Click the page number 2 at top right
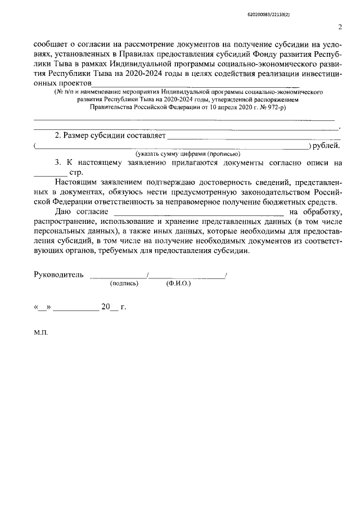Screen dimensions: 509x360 [x=340, y=26]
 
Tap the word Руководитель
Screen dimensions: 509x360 [x=59, y=275]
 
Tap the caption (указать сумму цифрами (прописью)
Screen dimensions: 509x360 [x=187, y=154]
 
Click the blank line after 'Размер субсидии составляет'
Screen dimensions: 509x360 [x=253, y=136]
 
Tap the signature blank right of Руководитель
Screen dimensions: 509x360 [x=119, y=275]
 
